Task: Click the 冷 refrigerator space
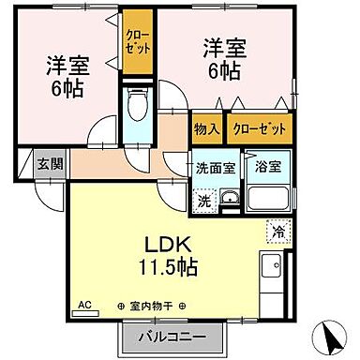coord(278,227)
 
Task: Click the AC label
coord(84,305)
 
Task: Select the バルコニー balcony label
coord(172,335)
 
